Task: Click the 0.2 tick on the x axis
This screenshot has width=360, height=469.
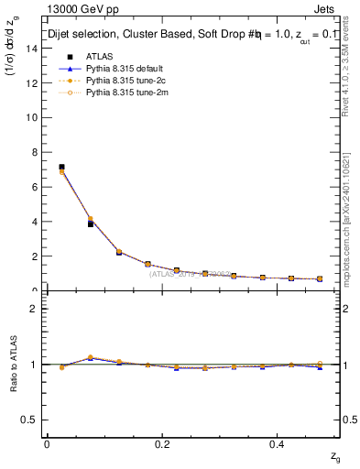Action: [163, 444]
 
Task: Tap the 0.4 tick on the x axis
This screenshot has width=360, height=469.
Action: [279, 444]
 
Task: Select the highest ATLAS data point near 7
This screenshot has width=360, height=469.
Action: [61, 168]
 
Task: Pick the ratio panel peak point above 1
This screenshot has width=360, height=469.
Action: [90, 357]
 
